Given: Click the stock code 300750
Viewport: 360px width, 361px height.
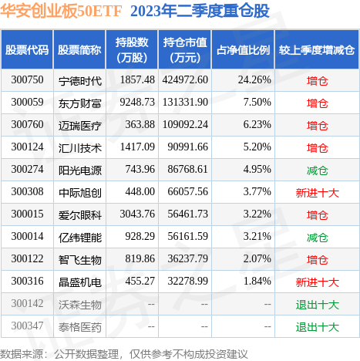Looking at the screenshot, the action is (x=27, y=79).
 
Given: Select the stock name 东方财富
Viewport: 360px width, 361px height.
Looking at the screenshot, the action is (x=80, y=103).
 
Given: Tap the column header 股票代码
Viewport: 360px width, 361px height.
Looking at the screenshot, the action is (x=27, y=50).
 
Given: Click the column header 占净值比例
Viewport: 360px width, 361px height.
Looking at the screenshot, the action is (x=243, y=50).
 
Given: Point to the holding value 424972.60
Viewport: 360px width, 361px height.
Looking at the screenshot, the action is (x=185, y=79).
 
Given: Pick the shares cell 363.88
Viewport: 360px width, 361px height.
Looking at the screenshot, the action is (x=140, y=124).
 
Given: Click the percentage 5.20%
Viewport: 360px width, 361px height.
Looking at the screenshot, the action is (x=257, y=147).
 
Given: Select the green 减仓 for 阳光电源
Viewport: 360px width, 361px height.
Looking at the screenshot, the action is (x=318, y=170).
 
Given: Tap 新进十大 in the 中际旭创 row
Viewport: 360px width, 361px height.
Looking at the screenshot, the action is (x=318, y=193).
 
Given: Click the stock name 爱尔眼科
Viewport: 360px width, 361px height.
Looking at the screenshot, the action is (x=80, y=215).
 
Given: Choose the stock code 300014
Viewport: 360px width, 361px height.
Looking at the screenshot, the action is (x=27, y=236).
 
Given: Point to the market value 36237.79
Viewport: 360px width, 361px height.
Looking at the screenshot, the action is (x=188, y=258).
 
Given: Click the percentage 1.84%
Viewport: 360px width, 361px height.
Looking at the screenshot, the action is (x=257, y=281).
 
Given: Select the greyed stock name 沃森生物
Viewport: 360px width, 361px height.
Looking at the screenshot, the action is (x=80, y=305).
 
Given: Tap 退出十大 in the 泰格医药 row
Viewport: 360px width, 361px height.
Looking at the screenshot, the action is (x=318, y=327).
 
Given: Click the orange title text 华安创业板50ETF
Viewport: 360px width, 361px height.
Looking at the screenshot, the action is (x=61, y=11).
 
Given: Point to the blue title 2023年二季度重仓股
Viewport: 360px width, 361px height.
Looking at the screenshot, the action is (x=200, y=11).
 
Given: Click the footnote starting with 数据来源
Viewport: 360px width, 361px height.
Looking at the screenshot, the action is (x=124, y=354).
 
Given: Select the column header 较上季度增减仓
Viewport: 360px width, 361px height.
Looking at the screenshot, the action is (x=317, y=50).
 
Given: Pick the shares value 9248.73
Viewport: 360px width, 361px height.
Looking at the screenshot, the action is (x=137, y=102).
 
